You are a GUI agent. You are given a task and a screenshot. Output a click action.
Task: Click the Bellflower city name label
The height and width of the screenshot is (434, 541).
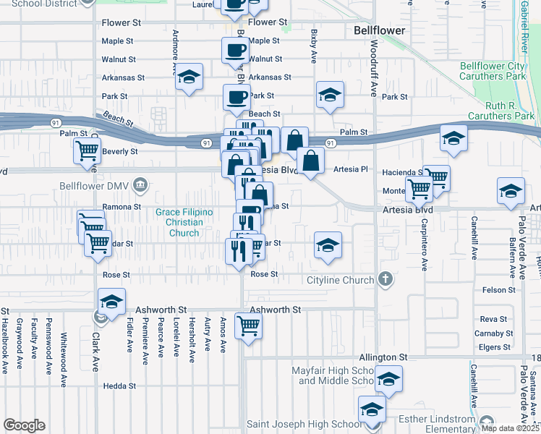coord(380,30)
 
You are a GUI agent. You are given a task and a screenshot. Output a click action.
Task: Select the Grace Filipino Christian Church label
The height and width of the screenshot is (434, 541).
coord(184,222)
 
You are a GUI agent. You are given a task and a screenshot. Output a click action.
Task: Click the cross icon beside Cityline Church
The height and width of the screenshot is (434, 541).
coord(386,279)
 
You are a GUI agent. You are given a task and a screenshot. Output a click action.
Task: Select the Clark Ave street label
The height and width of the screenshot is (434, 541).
coord(95,352)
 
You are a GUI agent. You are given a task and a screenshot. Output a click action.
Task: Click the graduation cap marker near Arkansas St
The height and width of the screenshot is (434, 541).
coord(189,77)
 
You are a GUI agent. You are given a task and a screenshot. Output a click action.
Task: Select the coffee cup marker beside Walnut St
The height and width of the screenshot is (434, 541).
coord(234,51)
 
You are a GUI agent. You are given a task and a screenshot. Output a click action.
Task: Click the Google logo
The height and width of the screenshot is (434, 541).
coord(24,425)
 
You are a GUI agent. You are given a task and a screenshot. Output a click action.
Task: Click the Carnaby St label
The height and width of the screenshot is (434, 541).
coord(497,333)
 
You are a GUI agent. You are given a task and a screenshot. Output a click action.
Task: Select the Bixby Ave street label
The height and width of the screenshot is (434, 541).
coord(314,46)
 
